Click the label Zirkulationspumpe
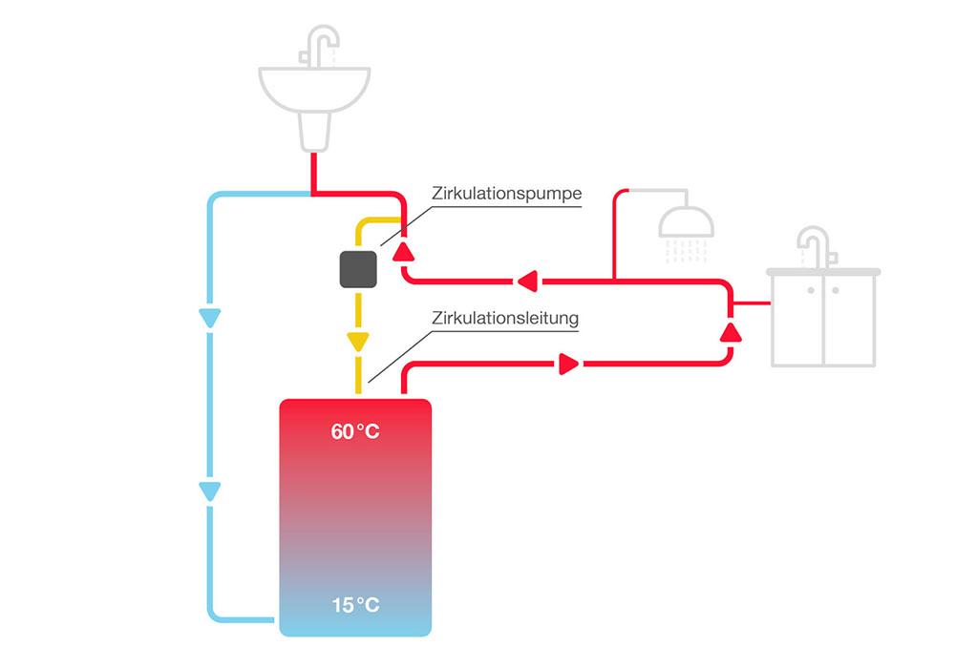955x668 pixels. coord(505,193)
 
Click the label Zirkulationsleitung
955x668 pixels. coord(506,319)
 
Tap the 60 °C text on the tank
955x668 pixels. coord(355,432)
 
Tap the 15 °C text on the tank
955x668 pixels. coord(355,605)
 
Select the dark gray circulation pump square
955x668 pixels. coord(359,270)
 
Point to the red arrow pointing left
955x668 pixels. coord(527,281)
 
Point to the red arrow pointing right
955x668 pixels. coord(568,364)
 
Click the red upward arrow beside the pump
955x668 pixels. coord(405,251)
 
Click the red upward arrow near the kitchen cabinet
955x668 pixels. coord(731,331)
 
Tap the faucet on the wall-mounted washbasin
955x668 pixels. coord(321,44)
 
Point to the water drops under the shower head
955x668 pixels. coord(687,250)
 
